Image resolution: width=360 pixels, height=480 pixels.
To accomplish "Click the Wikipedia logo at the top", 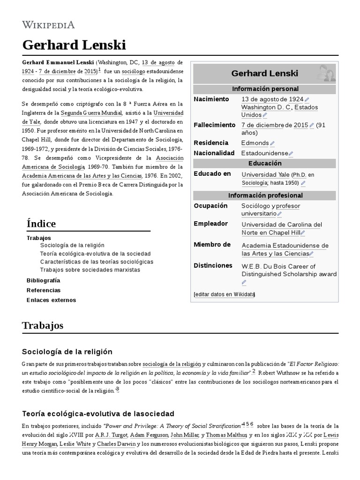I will point(48,24).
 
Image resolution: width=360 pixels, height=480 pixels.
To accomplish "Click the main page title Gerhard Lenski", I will point(74,45).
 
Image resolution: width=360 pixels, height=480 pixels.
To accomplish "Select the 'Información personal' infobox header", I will point(265,89).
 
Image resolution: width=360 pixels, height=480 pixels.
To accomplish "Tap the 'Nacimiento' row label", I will point(211,99).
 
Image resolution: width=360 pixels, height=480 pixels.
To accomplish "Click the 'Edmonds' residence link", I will point(255,143).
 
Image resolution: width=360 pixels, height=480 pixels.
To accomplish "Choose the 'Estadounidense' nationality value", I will point(264,153).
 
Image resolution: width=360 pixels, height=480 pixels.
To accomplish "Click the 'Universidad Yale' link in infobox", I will point(265,174).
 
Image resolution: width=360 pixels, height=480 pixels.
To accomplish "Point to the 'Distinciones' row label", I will point(213,266).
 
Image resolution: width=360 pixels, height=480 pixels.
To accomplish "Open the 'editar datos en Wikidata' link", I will point(224,294).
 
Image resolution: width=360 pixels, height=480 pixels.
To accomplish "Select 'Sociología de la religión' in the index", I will point(72,245).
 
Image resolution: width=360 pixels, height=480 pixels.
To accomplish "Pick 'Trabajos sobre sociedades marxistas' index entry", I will point(90,270).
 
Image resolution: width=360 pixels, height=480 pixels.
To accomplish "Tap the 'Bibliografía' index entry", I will point(43,280).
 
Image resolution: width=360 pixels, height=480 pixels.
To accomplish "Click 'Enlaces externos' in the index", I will point(51,300).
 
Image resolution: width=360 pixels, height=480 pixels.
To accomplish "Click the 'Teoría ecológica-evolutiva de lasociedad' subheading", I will point(98,413).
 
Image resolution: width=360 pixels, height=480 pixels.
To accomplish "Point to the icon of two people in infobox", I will point(325,73).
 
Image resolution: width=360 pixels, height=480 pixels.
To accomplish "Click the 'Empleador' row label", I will point(210,224).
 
